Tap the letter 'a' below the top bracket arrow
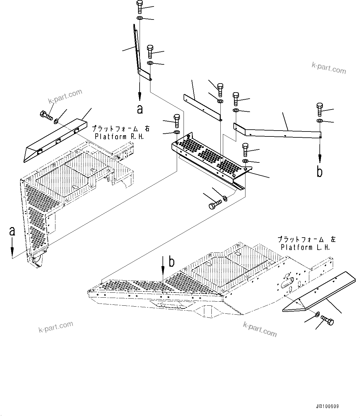pos(140,109)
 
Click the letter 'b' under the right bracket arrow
pos(319,172)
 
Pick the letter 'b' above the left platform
pos(171,262)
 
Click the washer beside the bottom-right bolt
pos(318,315)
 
